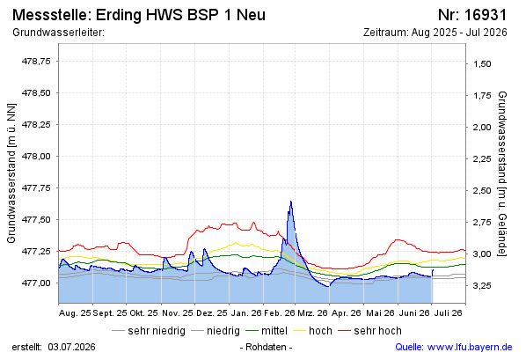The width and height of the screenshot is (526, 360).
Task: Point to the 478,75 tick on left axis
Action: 36,61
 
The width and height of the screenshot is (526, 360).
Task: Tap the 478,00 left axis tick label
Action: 36,156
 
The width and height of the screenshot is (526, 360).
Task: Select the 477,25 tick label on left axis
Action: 36,251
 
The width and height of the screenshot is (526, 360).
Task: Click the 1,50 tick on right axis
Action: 482,63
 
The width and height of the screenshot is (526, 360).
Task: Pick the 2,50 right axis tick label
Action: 482,190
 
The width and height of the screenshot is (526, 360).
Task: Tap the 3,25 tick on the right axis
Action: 482,285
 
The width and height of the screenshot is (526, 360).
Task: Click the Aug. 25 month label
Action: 75,313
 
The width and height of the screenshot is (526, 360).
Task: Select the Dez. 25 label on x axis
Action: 212,313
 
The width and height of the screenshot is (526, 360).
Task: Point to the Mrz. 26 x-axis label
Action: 312,313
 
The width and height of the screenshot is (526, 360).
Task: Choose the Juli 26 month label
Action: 449,313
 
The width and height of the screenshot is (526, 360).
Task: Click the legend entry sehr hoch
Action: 369,331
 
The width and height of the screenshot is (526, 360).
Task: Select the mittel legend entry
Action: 267,331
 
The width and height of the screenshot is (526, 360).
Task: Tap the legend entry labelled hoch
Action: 313,331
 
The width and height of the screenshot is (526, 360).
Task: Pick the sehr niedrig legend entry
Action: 149,331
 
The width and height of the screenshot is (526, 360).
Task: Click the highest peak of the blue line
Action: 290,202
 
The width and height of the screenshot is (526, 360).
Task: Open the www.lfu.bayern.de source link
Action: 470,347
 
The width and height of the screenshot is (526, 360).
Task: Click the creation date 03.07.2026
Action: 71,347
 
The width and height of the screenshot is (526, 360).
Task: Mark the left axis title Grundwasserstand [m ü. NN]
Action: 11,172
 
